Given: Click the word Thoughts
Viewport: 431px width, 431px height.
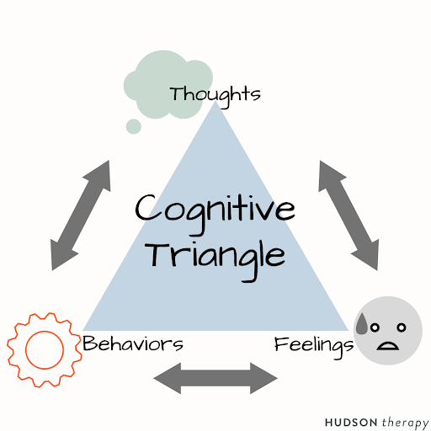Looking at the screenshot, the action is pos(215,95).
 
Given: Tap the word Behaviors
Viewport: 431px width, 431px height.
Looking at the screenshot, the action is pos(133,343).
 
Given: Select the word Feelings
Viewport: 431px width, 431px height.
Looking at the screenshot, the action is pos(314,347).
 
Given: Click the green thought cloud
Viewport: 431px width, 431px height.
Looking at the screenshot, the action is pos(168,84).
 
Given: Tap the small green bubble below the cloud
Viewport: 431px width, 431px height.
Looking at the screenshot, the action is pos(134,126).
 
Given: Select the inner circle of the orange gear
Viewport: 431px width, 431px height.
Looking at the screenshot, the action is pos(26,350).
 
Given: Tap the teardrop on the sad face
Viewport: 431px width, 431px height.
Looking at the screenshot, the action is pos(362,325).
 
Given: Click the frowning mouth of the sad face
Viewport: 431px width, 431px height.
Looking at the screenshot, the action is pos(387,346).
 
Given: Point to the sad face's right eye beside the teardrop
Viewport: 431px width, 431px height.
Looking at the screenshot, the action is pos(375,327).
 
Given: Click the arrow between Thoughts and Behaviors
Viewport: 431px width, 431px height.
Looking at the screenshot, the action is pos(80,215).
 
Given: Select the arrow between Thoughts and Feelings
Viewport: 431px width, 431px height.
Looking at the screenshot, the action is pos(349,215).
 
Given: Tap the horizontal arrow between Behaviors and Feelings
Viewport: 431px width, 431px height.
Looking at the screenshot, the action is pos(215,378).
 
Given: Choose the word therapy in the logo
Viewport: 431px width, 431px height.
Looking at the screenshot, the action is pos(405,423).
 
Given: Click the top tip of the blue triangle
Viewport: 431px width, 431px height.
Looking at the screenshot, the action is pos(215,101).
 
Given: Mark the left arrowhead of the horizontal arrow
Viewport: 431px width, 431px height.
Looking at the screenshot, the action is pos(168,378).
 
